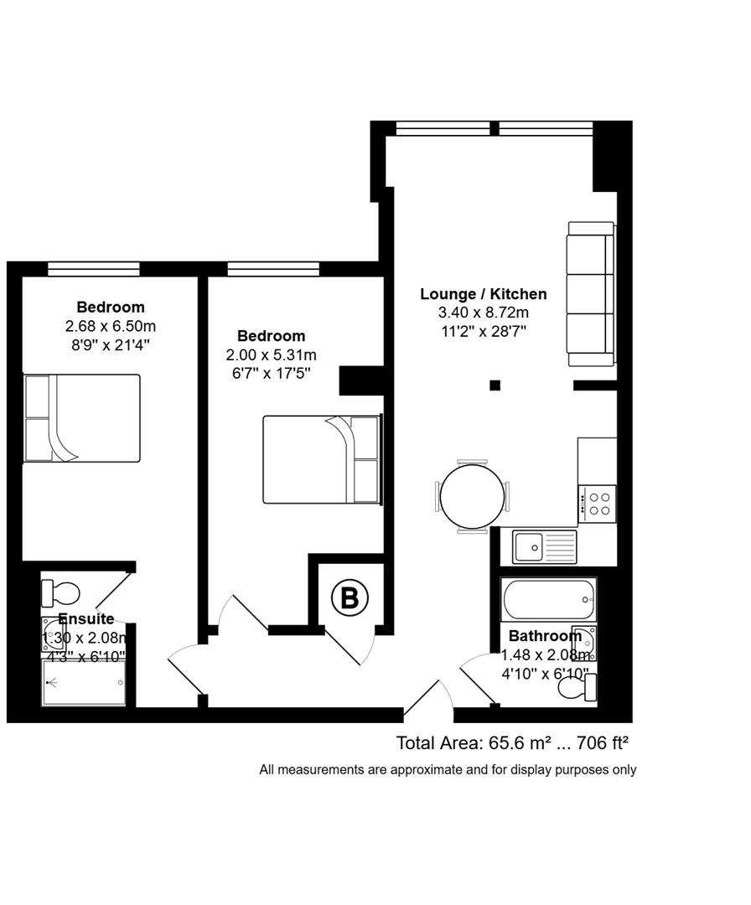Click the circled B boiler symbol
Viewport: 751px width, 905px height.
350,598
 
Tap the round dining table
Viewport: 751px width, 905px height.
473,496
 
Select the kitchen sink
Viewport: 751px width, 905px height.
544,546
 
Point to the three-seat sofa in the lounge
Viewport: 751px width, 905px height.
591,293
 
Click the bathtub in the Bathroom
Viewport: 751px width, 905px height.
549,598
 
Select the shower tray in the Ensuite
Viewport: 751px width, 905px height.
84,683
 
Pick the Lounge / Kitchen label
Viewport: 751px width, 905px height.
483,294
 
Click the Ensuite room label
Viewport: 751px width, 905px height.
85,619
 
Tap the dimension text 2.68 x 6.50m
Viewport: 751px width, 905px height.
110,326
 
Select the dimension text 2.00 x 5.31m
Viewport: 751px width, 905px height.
271,354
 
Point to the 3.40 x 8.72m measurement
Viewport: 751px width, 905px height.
483,313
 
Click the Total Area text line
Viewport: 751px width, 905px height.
512,742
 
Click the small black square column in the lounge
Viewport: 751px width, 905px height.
495,385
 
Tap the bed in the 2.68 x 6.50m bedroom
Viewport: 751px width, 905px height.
81,418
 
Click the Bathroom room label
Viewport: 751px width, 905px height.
545,636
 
